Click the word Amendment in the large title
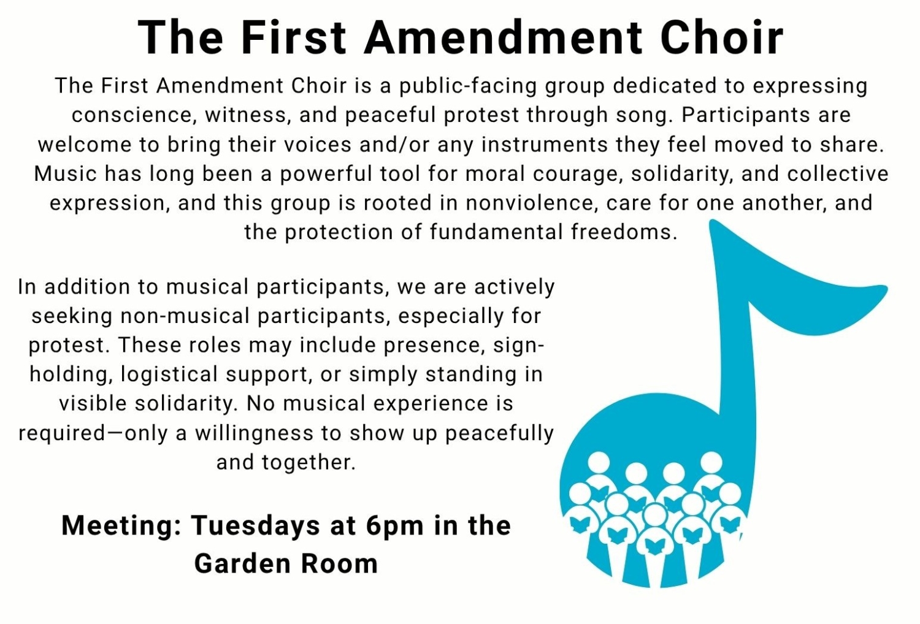(x=503, y=38)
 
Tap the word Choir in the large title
(x=722, y=38)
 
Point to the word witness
(x=246, y=115)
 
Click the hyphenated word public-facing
(x=468, y=87)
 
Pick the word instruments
(x=545, y=145)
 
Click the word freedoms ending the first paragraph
(x=624, y=232)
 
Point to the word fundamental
(x=496, y=232)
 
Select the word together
(x=309, y=463)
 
